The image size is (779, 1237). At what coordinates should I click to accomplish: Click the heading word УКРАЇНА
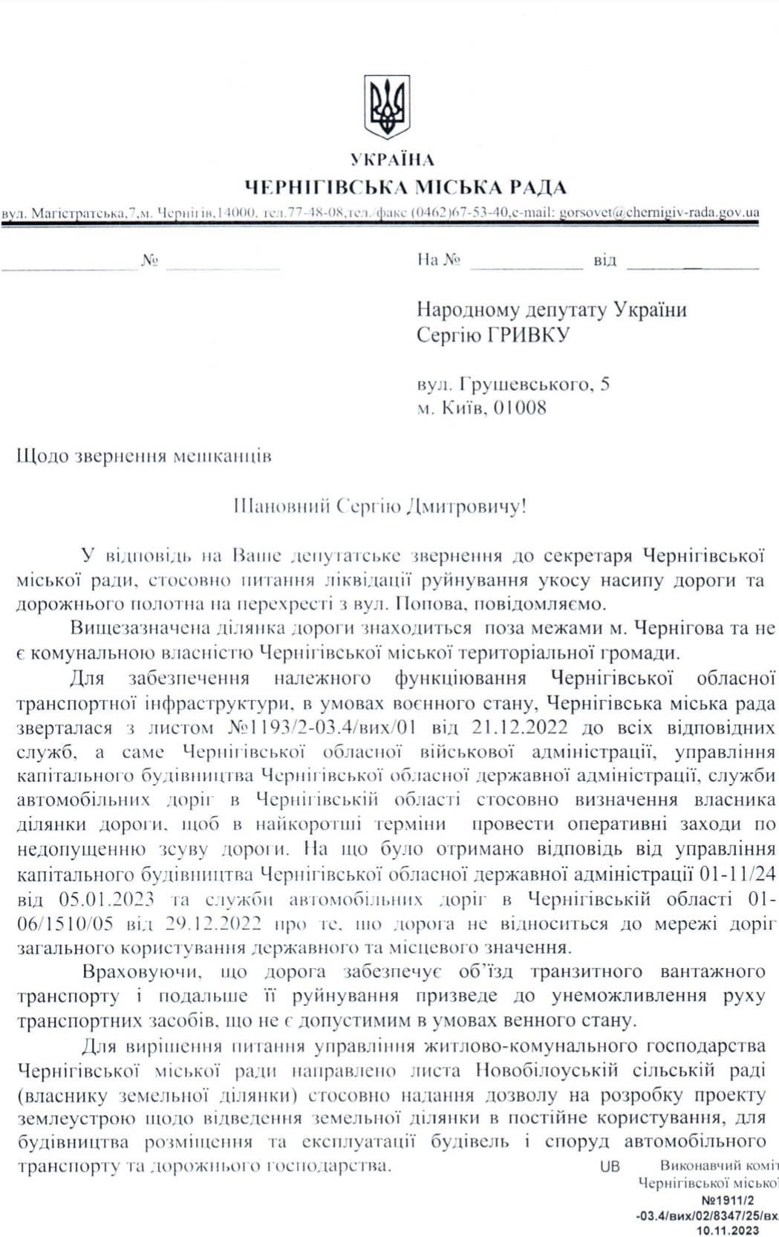392,159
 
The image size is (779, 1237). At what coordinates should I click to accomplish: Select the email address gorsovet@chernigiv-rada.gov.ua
658,212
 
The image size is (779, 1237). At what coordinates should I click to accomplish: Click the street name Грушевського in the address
524,384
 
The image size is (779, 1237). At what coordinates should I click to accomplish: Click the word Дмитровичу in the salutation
465,508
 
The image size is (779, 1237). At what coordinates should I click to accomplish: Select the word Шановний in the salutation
281,508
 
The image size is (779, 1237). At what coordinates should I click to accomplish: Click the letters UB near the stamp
610,1166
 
